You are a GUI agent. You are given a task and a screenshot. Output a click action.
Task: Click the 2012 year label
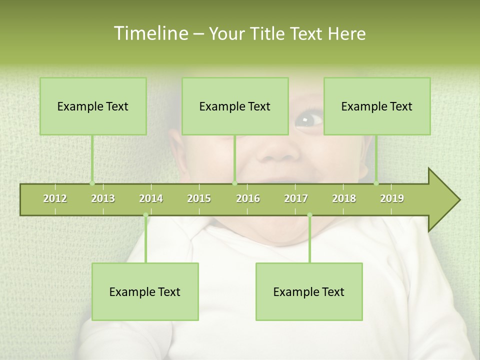55,198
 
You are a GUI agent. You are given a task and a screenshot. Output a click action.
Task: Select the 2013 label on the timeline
103,198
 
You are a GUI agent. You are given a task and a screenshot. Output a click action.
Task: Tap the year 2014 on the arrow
151,198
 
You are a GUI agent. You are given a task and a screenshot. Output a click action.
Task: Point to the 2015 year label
199,198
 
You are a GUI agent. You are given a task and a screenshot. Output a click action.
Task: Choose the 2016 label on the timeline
248,198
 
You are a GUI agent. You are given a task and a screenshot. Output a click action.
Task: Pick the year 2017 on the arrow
296,198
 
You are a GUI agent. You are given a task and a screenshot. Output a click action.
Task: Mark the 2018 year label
344,198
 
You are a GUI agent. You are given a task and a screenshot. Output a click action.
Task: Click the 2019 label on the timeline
392,198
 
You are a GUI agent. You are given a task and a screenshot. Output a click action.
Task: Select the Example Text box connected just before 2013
93,106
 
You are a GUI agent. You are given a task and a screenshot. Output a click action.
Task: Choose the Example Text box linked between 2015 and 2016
235,106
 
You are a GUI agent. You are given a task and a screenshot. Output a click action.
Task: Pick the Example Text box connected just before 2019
377,106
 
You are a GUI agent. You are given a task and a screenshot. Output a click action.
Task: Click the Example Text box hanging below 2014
145,291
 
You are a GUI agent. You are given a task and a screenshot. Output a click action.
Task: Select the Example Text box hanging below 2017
309,291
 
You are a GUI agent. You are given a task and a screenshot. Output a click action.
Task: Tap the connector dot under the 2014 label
145,215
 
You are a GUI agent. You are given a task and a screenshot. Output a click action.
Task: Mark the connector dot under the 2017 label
309,215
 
